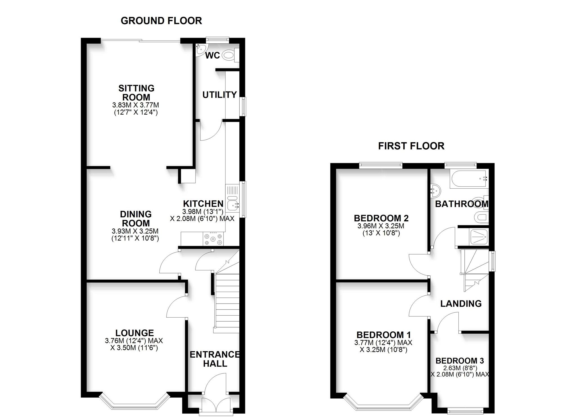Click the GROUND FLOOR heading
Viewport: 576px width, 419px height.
(x=161, y=21)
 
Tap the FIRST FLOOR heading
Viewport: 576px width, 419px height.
(x=411, y=146)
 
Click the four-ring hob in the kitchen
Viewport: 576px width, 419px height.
(x=213, y=239)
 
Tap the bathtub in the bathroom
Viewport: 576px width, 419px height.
(x=468, y=179)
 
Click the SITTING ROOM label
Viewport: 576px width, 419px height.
(x=136, y=93)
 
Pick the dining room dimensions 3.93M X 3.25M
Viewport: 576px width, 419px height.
(x=135, y=231)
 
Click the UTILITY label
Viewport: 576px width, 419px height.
(x=220, y=95)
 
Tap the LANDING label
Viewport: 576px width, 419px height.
(x=461, y=304)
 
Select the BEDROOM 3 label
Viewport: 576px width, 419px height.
(x=460, y=361)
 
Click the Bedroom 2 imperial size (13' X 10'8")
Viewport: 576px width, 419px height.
(x=381, y=233)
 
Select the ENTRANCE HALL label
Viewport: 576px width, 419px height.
(x=215, y=359)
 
